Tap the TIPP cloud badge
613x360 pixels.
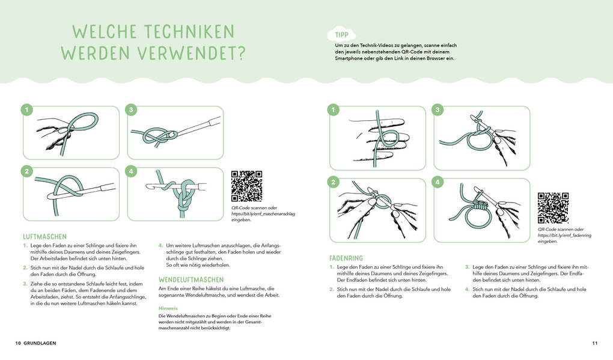pyautogui.click(x=341, y=35)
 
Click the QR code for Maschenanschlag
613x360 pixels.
pyautogui.click(x=246, y=186)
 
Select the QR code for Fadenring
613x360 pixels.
pyautogui.click(x=553, y=208)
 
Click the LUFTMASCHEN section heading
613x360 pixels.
pyautogui.click(x=44, y=237)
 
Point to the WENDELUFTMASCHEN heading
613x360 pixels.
pyautogui.click(x=191, y=280)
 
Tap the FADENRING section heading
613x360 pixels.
pyautogui.click(x=346, y=258)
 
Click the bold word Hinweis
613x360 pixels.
pyautogui.click(x=168, y=308)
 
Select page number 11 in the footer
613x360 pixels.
pyautogui.click(x=594, y=344)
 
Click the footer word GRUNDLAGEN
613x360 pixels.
pyautogui.click(x=40, y=344)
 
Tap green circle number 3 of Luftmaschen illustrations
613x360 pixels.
pyautogui.click(x=130, y=109)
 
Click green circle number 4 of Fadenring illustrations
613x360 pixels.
pyautogui.click(x=438, y=182)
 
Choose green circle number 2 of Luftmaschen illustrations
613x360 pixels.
pyautogui.click(x=26, y=171)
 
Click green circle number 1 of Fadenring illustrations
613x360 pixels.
pyautogui.click(x=333, y=109)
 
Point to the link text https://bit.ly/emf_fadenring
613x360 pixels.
pyautogui.click(x=564, y=236)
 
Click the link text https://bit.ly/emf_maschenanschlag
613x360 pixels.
pyautogui.click(x=263, y=214)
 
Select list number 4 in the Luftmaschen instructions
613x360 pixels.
pyautogui.click(x=160, y=245)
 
